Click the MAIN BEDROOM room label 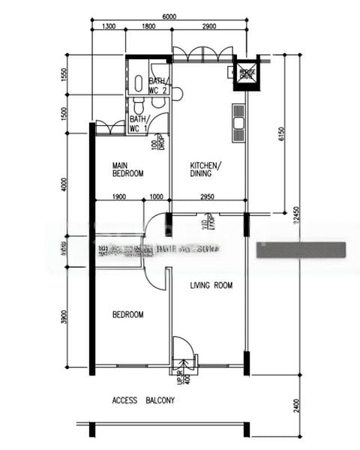[127, 169]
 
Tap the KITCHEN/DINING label [206, 169]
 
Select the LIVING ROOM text [211, 285]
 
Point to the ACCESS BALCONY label [143, 400]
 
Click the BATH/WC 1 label [138, 124]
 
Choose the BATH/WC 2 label [157, 85]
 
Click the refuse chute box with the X [245, 73]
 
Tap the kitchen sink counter [238, 122]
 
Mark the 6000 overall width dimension [169, 16]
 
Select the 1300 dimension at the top [108, 27]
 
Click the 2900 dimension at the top [208, 27]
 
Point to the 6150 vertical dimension [281, 133]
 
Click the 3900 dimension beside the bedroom [64, 319]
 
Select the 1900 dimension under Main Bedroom [118, 196]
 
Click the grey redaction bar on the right [301, 250]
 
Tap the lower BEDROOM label [127, 315]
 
